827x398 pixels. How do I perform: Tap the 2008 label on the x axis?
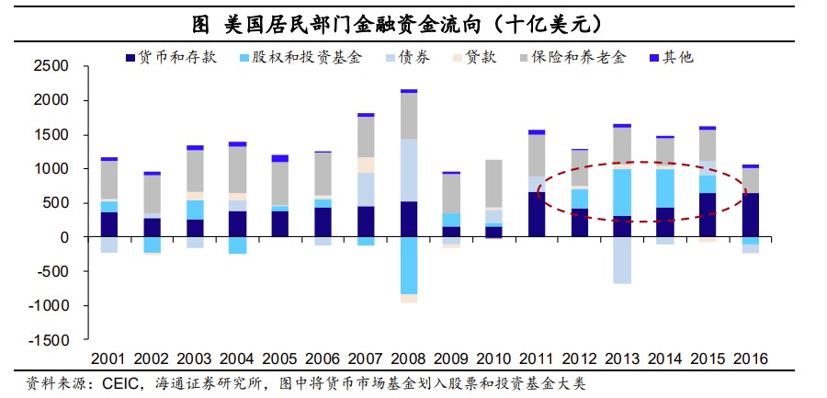409,358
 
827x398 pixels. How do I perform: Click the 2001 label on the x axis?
109,358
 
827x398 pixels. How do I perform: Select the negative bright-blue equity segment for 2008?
409,266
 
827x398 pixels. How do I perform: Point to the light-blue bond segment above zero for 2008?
409,170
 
